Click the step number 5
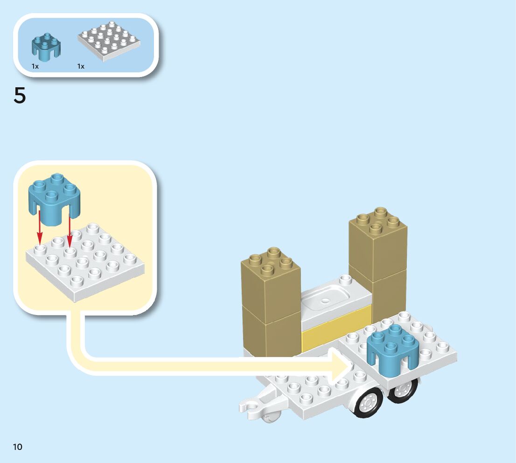[20, 96]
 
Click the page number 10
[18, 447]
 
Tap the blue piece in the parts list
[46, 47]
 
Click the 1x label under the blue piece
[35, 66]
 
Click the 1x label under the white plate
[81, 66]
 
